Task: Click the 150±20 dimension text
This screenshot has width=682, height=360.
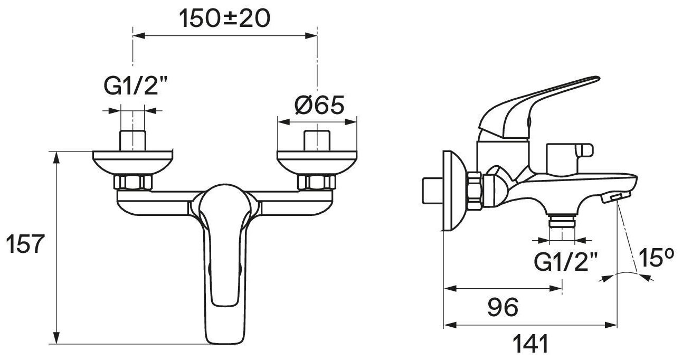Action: (x=224, y=18)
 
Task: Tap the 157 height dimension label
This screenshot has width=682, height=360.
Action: (x=25, y=244)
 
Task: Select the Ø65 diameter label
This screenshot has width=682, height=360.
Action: (x=319, y=105)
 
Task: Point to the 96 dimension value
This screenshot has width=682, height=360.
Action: (x=503, y=307)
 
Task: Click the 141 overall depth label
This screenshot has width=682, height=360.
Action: (x=531, y=344)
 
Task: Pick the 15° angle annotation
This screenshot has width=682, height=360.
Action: (x=657, y=258)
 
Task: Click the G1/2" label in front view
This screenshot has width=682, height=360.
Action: (x=136, y=86)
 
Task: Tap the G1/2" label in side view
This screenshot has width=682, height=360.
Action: (x=566, y=262)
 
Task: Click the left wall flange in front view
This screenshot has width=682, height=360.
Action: (x=133, y=163)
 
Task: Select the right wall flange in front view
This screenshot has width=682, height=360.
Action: (x=317, y=163)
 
